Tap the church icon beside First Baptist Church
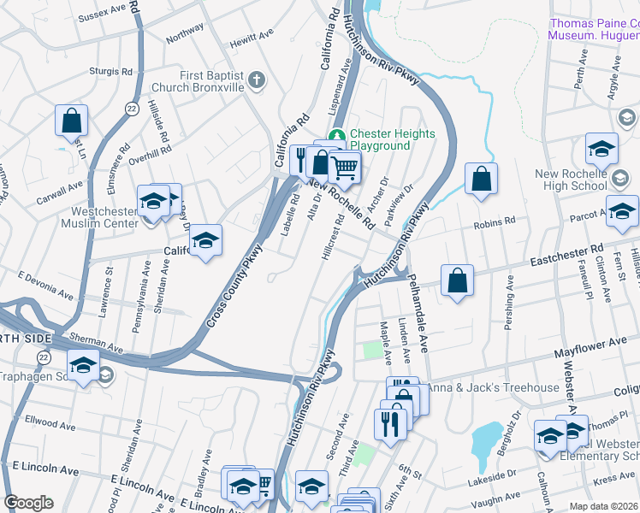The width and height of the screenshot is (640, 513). [258, 81]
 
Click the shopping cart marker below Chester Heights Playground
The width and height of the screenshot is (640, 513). [344, 167]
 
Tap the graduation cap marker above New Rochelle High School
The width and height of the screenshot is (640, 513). [601, 149]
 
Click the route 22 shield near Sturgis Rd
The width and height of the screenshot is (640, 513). [131, 107]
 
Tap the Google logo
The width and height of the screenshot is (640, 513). [27, 503]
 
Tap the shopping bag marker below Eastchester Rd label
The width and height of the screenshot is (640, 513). [458, 281]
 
